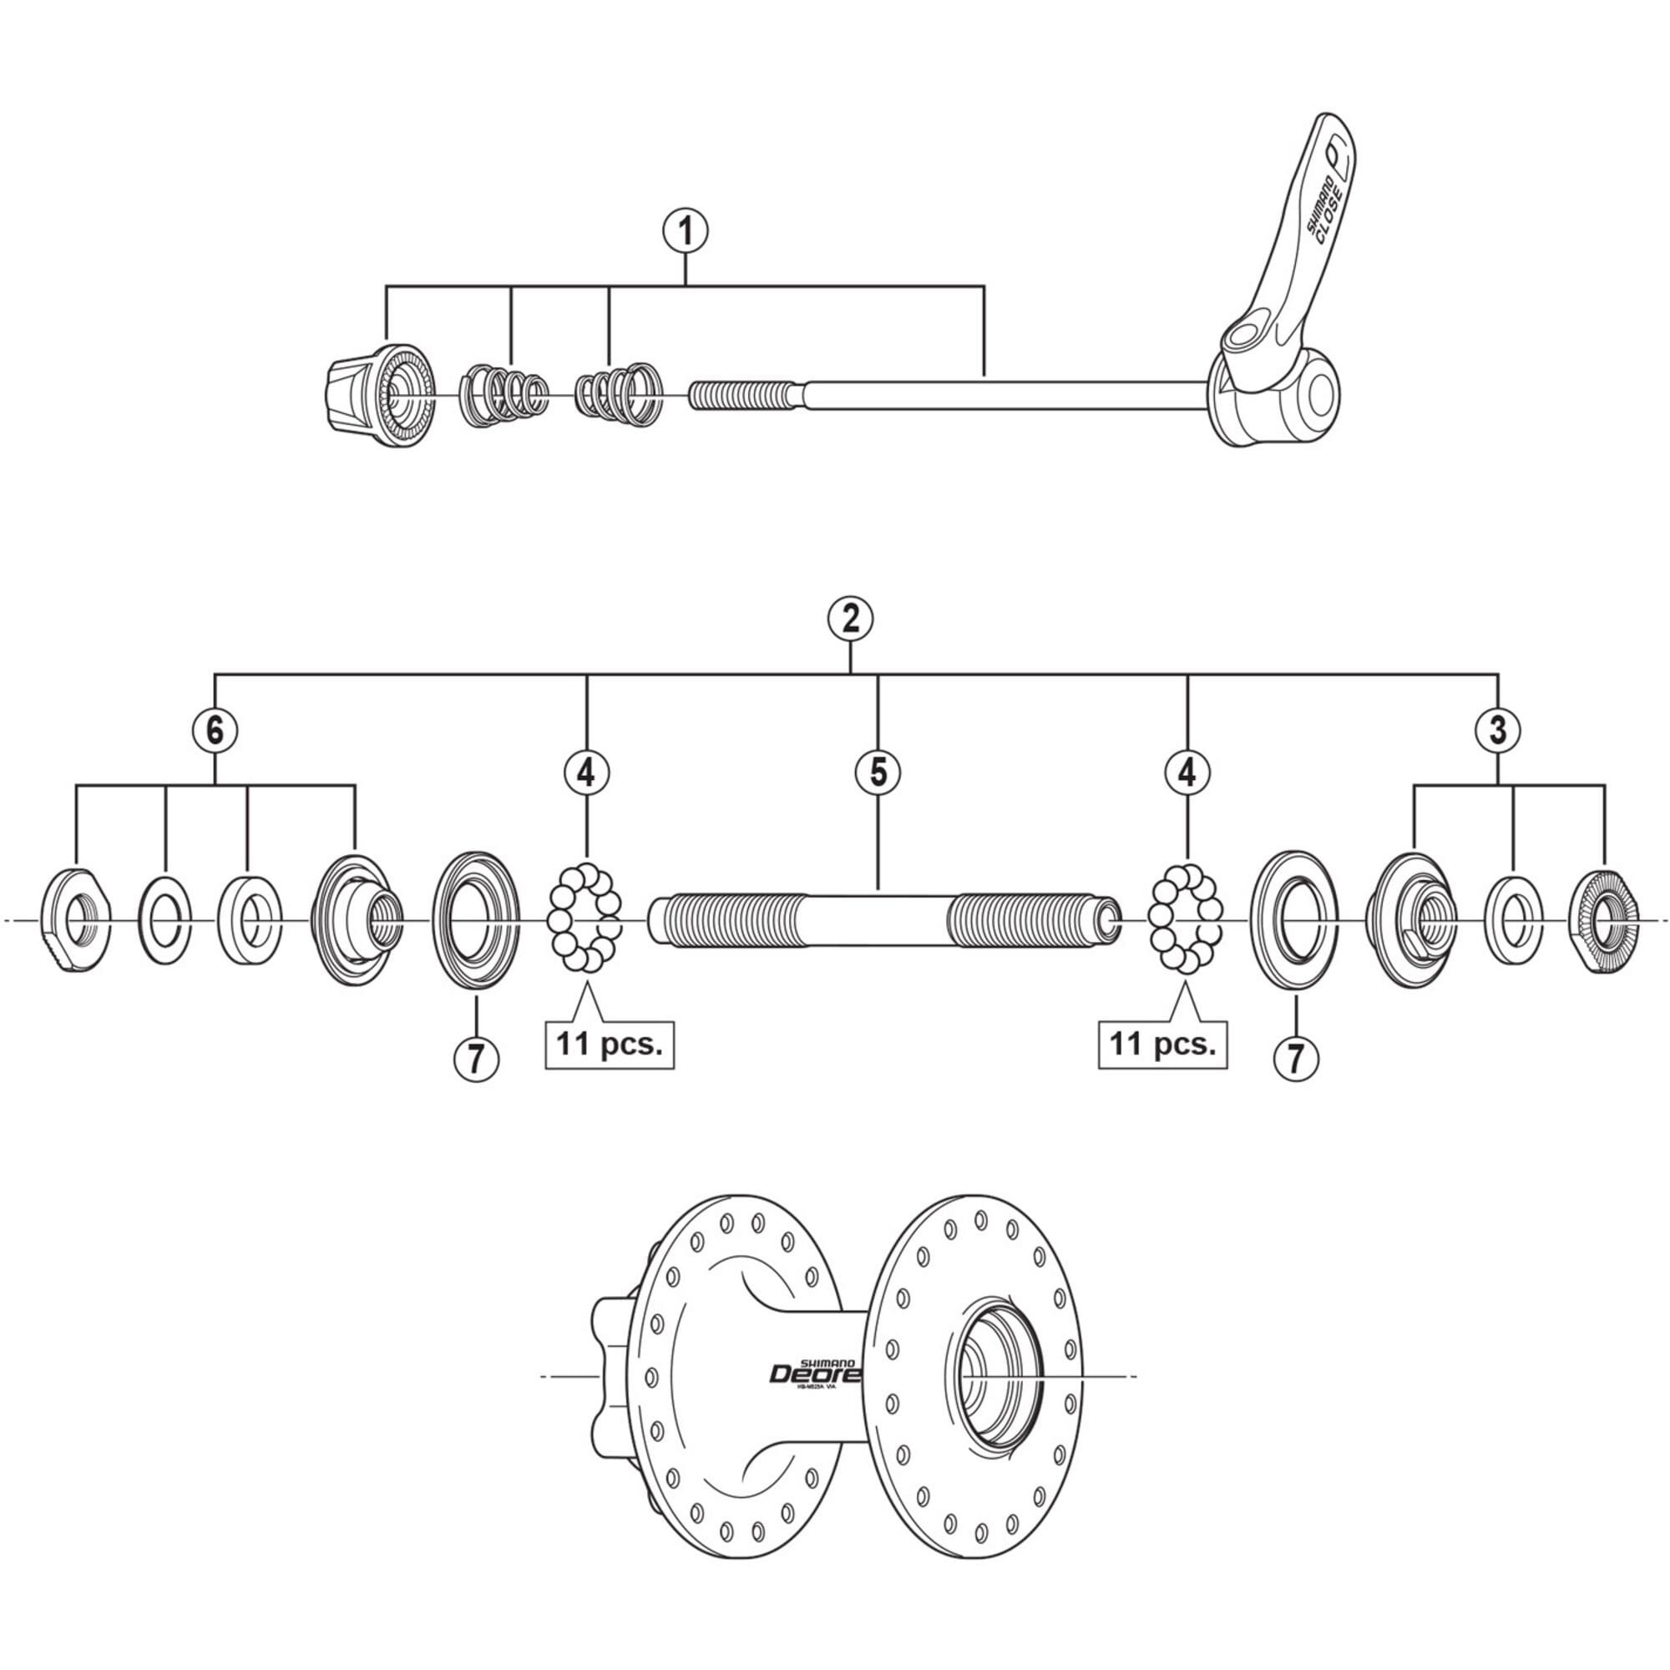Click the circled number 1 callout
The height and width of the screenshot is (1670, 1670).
686,231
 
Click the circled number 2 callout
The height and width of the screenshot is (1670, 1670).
850,619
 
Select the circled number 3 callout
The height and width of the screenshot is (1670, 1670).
1498,731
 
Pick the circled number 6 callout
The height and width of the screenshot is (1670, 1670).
215,731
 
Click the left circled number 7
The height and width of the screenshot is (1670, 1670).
476,1057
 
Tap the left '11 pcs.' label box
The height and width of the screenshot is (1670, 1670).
610,1045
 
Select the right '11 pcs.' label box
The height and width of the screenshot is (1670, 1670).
1162,1045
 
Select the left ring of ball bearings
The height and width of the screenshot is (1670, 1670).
585,917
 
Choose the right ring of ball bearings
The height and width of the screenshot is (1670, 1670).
1185,917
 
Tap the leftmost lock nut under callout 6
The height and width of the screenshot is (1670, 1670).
76,919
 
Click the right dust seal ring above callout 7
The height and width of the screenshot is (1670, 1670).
1293,918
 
